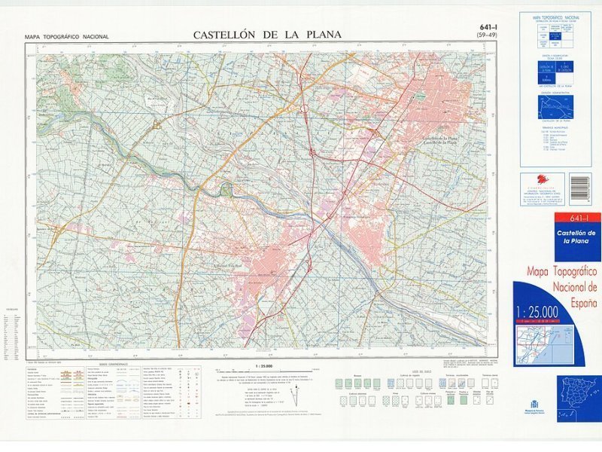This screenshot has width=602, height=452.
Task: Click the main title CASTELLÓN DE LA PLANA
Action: pos(267,35)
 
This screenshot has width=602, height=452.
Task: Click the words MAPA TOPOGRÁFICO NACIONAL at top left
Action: pos(66,37)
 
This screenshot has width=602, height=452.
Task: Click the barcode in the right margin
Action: pos(579,188)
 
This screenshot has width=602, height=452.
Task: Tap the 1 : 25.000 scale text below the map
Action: pos(263,365)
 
